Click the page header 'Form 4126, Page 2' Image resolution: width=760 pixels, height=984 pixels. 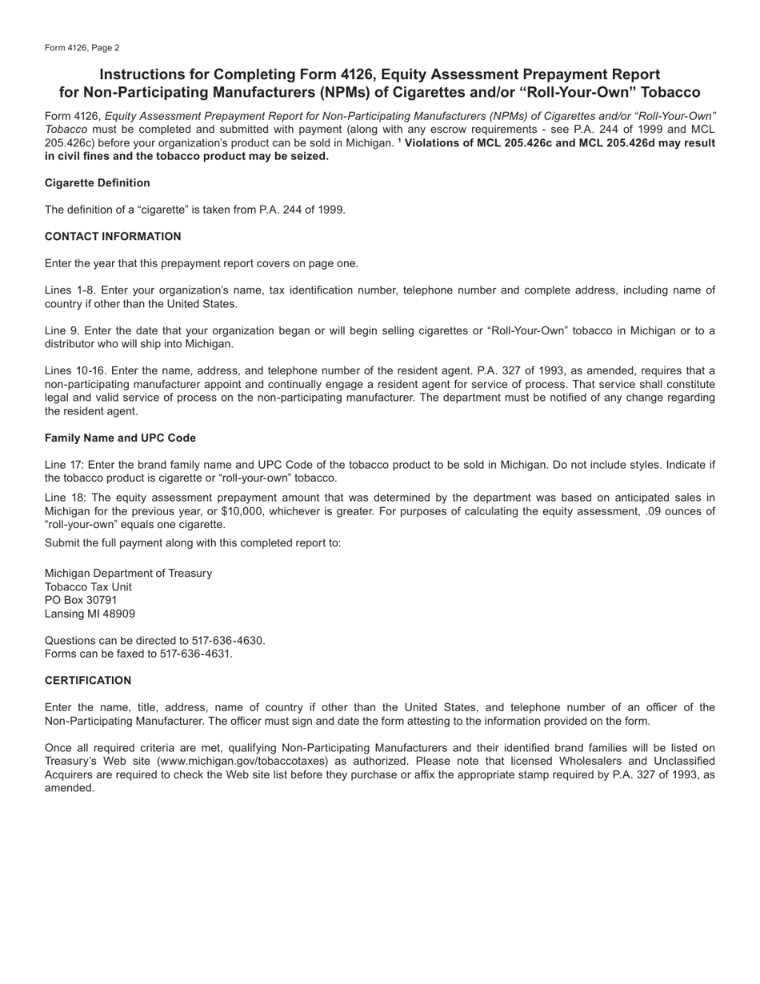pos(82,48)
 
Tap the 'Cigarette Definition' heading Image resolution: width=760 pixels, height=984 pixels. pos(97,183)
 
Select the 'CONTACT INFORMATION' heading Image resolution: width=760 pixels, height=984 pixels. pos(113,237)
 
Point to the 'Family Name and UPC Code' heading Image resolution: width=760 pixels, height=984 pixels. pos(120,438)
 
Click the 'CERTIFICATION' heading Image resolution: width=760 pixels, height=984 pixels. pos(88,681)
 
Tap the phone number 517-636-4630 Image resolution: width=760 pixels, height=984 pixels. pos(227,641)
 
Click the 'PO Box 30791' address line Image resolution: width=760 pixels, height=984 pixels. pos(81,600)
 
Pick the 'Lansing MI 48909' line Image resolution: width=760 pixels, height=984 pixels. pos(90,614)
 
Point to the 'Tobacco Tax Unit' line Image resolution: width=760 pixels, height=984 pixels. pos(88,587)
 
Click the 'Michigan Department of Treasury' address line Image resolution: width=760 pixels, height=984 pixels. pos(128,574)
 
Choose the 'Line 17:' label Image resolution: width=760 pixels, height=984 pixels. pos(64,465)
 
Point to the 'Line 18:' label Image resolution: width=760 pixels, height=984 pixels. pos(64,498)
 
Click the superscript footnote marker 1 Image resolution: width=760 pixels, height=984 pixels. pos(399,141)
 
